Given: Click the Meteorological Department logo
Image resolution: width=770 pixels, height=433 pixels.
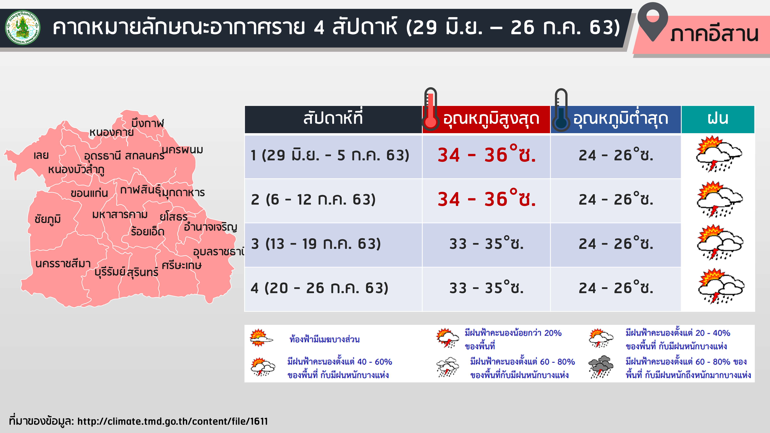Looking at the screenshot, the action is pos(23,28).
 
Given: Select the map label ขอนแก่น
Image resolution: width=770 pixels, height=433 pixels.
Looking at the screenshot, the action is pos(89,193).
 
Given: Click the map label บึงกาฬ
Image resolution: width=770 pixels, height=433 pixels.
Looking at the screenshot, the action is pos(148,123).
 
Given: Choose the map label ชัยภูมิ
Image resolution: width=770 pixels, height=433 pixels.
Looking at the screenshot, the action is pos(48,219).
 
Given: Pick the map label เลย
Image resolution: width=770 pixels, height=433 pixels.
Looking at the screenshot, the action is pos(41,155).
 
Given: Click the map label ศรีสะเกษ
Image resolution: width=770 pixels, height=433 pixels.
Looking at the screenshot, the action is pos(182,265).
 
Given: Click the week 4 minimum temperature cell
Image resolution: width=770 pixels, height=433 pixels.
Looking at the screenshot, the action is pos(616,289).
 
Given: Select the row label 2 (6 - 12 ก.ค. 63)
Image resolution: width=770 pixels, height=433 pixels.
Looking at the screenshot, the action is pos(313,199).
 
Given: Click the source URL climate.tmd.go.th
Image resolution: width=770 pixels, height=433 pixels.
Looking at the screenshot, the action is pos(172,421).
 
